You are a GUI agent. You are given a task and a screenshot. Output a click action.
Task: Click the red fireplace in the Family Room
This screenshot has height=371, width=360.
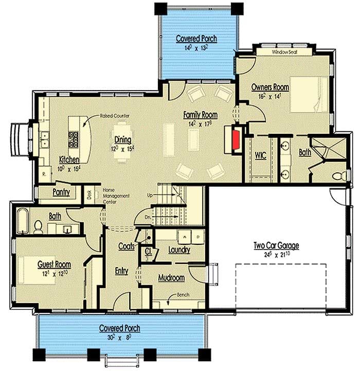[236, 140]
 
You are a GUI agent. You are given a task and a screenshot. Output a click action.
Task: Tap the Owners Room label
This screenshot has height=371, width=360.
[269, 88]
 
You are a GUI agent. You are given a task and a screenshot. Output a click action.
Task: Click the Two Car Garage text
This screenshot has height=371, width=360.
[276, 245]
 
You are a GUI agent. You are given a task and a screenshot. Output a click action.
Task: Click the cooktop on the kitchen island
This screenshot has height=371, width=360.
[73, 138]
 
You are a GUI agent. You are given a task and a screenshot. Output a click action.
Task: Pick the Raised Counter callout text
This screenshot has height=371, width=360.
[114, 116]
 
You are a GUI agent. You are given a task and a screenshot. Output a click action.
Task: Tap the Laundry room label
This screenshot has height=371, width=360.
[179, 250]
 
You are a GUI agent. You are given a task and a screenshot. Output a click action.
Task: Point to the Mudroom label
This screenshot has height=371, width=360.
[171, 278]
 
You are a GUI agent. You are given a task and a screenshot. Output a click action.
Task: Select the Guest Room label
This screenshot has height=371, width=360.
[54, 264]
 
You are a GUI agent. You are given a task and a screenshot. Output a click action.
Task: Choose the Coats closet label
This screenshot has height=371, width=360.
[127, 246]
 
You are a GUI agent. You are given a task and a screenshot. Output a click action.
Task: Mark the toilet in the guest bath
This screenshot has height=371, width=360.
[38, 226]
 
